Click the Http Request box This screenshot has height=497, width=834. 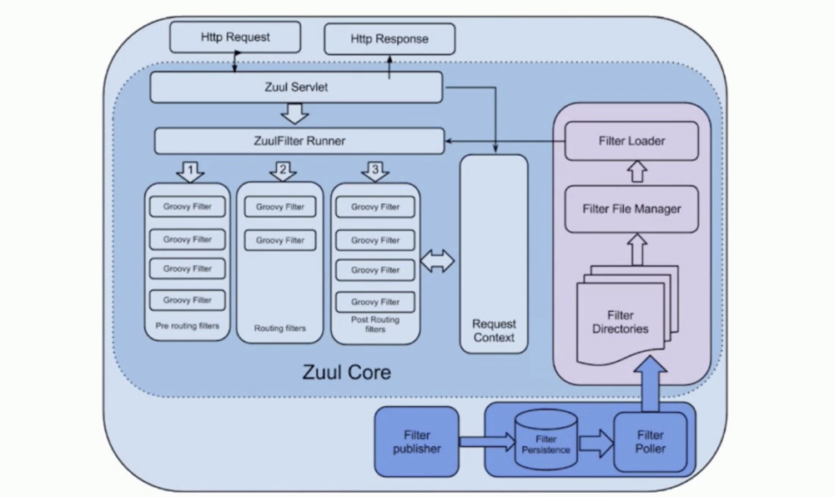tap(235, 38)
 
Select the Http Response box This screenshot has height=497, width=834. tap(389, 38)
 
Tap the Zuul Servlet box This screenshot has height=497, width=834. tap(296, 87)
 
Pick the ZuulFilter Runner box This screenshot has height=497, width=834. tap(299, 140)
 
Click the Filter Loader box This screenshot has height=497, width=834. tap(631, 141)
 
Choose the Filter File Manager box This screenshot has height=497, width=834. tap(631, 208)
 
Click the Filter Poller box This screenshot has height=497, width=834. tap(650, 442)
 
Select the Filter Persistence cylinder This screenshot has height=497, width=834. tap(546, 439)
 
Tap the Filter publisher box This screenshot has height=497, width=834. tap(417, 442)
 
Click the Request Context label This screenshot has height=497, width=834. tap(494, 330)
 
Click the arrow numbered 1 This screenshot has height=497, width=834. tap(191, 172)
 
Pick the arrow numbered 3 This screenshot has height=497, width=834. tap(375, 172)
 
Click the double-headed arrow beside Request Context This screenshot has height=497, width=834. tap(438, 262)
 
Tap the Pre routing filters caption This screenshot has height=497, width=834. tap(188, 326)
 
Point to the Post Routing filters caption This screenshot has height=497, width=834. tap(375, 324)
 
